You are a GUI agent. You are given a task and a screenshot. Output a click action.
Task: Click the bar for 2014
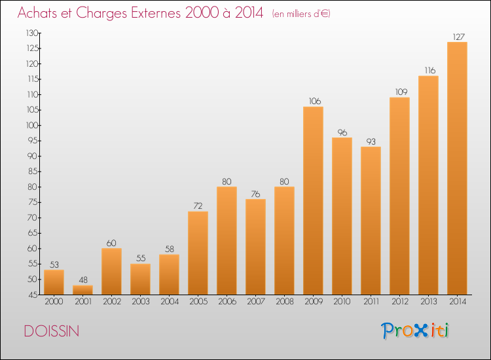pos(457,168)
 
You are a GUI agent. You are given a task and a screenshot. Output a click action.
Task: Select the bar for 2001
pos(82,290)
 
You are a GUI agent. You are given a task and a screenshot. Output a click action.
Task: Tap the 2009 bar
pos(313,201)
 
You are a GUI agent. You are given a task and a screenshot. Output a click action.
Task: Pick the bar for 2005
pos(198,253)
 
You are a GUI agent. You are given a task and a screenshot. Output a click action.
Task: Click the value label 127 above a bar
pos(458,37)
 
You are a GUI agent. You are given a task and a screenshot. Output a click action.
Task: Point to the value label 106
pos(315,101)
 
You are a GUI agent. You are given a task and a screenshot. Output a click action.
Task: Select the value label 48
pos(83,280)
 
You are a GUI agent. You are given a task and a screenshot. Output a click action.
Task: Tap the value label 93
pos(371,141)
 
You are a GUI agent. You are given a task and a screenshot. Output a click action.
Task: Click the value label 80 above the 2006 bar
pos(227,181)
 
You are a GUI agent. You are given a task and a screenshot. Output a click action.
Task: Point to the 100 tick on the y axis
pos(32,125)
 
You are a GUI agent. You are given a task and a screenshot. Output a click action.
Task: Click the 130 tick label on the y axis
pos(32,33)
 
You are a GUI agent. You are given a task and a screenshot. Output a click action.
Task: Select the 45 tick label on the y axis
pos(33,295)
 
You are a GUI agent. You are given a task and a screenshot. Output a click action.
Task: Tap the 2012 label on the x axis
pos(400,302)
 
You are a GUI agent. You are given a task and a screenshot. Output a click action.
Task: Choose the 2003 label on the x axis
pos(141,302)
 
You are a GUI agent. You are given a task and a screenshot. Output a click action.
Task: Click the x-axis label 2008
pos(285,302)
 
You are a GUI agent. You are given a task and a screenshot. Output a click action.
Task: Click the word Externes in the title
pos(156,13)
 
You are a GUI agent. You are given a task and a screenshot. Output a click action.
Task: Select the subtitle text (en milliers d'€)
pos(301,14)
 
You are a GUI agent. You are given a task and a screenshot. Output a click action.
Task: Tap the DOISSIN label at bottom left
pos(52,331)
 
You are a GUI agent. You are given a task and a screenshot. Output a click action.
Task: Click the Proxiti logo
pos(415,331)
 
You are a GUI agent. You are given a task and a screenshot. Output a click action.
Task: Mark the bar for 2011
pos(371,221)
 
